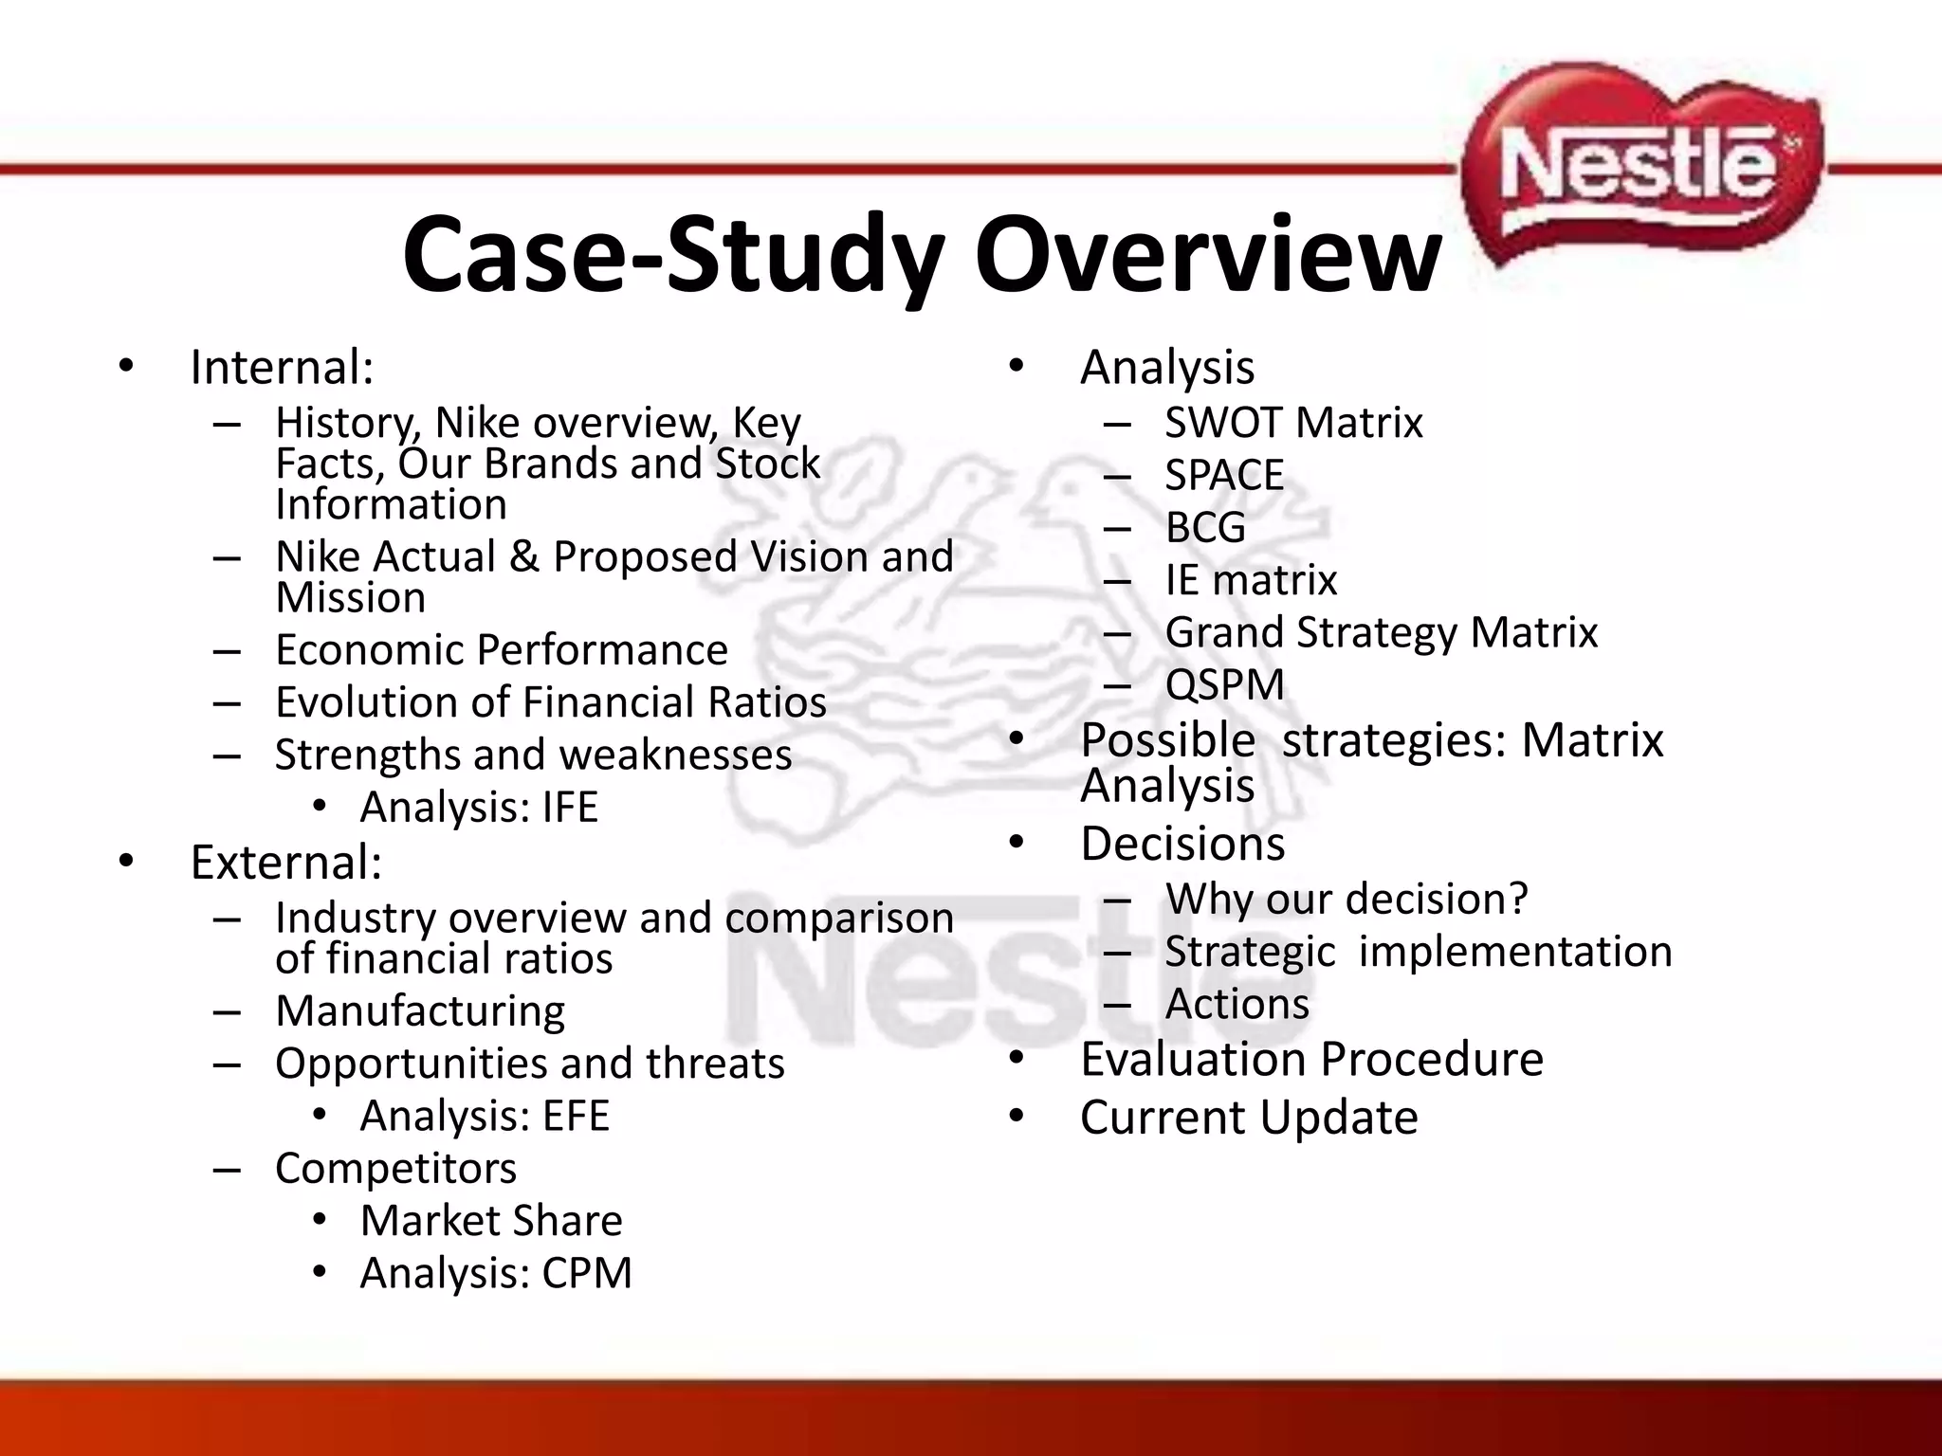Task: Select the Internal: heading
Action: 282,368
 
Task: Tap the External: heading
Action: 285,863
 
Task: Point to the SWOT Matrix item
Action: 1293,423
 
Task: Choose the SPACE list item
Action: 1224,475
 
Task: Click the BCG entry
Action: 1205,527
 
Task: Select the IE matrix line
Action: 1251,580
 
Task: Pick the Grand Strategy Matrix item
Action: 1381,632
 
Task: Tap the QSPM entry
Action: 1224,684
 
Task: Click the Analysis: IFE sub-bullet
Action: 479,808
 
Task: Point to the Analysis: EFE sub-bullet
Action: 485,1116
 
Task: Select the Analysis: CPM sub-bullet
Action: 496,1273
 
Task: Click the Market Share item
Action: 491,1221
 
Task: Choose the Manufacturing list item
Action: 420,1011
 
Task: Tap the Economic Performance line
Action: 502,650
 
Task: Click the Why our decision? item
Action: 1347,899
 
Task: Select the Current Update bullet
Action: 1249,1118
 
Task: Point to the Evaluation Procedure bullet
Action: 1311,1059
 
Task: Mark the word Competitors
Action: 395,1169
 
